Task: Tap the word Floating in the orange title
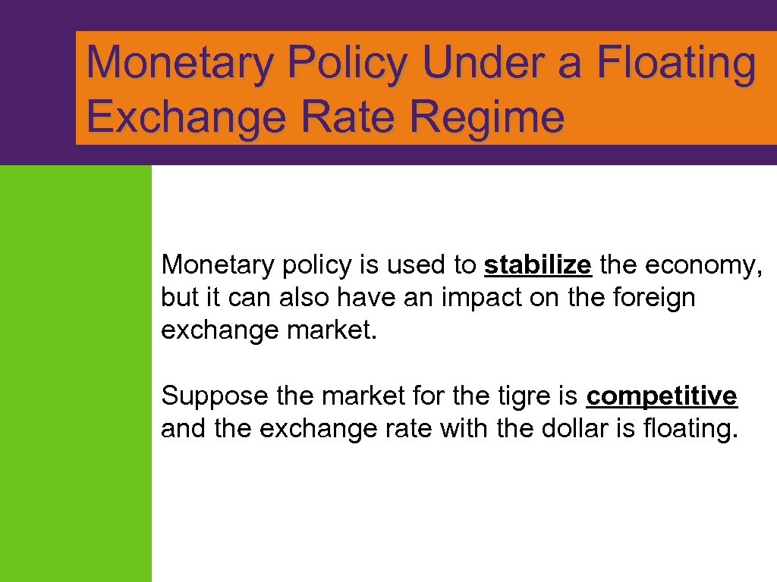676,62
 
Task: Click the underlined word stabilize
538,265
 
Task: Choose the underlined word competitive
662,396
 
